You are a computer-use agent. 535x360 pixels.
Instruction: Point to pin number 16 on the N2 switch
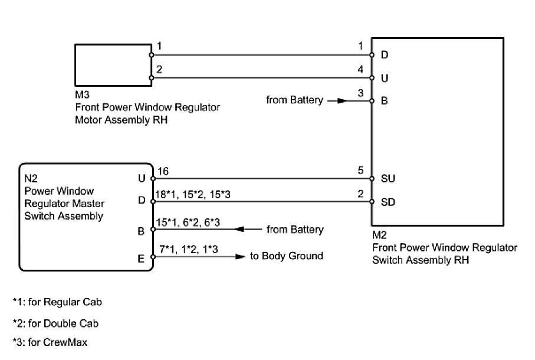[x=163, y=171]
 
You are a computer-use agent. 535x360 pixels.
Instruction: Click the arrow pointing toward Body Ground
[x=239, y=257]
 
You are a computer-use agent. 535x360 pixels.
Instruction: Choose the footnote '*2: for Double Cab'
[x=55, y=323]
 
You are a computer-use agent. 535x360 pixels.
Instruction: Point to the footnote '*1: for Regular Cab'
[x=57, y=303]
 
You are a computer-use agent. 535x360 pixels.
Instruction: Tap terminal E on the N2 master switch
[x=141, y=257]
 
